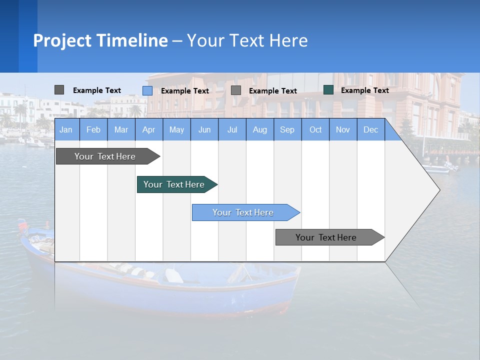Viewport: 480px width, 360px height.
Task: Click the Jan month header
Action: point(66,129)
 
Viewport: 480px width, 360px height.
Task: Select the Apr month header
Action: point(148,129)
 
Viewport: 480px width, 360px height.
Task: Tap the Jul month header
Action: point(232,129)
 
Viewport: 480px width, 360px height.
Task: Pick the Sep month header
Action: point(287,129)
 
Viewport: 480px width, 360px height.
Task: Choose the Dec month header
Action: point(370,129)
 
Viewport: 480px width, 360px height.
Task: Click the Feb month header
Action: point(93,129)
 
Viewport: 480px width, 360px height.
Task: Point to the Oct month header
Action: point(315,129)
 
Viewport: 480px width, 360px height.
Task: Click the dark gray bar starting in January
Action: point(105,156)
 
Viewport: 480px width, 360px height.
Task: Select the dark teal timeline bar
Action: point(174,184)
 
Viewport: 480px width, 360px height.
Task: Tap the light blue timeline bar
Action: point(243,212)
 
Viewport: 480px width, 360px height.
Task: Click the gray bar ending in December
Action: point(326,237)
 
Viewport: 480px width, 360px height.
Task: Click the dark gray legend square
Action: point(59,90)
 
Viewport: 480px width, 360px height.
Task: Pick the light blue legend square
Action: point(147,90)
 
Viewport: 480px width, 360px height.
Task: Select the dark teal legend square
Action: point(328,90)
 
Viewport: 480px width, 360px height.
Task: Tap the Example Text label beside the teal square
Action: point(364,90)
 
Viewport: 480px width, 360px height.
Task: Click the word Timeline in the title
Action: point(132,40)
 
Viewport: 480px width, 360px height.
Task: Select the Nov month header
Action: point(343,129)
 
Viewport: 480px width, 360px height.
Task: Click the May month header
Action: point(176,129)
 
